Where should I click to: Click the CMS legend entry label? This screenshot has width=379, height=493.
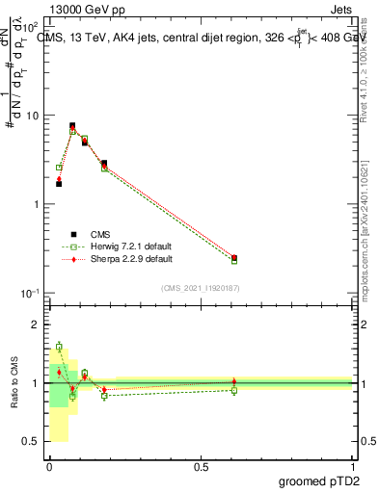(x=101, y=234)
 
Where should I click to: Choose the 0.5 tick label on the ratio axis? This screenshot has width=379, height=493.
(x=29, y=441)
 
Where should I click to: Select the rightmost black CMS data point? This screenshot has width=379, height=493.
(x=234, y=258)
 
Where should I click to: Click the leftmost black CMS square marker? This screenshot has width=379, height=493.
(x=59, y=183)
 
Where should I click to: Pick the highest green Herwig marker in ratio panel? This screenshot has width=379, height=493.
(x=59, y=347)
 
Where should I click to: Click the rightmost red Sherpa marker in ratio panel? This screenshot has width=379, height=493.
(x=234, y=382)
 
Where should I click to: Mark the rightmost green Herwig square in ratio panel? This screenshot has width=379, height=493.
(x=234, y=390)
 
